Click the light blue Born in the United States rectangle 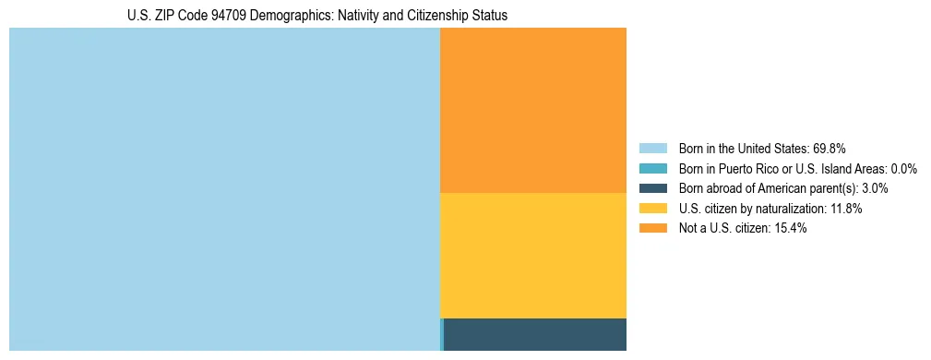[x=224, y=189]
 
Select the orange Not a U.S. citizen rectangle [x=533, y=110]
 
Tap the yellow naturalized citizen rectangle [x=533, y=256]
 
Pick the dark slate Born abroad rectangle [x=535, y=334]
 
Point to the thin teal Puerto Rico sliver [x=442, y=334]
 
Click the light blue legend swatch [x=652, y=148]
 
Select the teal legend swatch [x=652, y=168]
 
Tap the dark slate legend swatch [x=652, y=188]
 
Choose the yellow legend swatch [x=652, y=209]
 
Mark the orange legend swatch [x=652, y=229]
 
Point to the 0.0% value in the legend [x=903, y=168]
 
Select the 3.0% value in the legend [x=875, y=188]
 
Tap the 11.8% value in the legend [x=845, y=209]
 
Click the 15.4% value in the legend [x=791, y=229]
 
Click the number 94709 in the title [x=209, y=16]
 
